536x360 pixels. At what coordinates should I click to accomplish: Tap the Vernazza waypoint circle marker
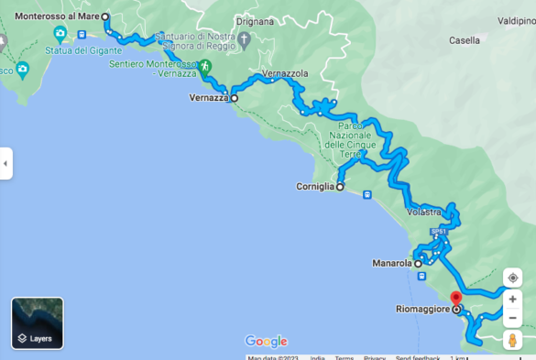point(234,97)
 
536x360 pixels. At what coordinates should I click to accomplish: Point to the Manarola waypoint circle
point(418,264)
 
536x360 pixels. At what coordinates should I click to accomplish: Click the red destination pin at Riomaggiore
point(455,299)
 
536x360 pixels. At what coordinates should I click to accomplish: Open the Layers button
point(38,323)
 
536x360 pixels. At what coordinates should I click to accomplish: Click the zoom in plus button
point(513,299)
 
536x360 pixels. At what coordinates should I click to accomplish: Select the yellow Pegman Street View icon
point(513,340)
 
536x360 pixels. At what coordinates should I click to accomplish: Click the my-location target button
point(513,278)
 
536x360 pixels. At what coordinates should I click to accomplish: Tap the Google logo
point(266,341)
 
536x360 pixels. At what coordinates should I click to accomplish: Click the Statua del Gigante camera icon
point(60,35)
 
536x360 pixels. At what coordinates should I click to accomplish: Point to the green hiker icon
point(206,66)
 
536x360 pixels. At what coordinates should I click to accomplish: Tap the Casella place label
point(465,41)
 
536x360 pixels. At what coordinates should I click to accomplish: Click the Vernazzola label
point(285,72)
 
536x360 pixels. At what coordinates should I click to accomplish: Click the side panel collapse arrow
point(5,163)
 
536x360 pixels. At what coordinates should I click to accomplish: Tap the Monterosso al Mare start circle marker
point(104,16)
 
